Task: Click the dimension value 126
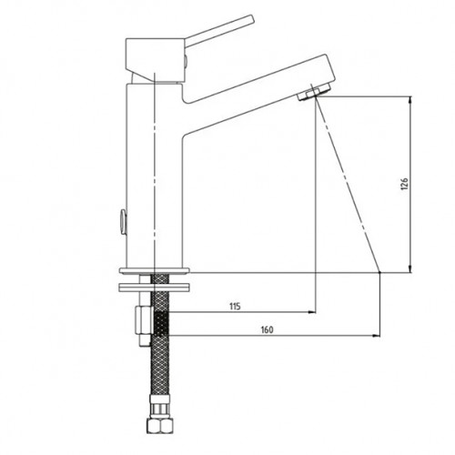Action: click(405, 185)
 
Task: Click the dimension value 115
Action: click(235, 307)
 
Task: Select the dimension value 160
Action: click(267, 329)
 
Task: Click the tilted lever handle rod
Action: click(219, 30)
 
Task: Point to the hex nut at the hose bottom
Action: click(159, 425)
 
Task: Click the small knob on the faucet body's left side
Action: click(123, 222)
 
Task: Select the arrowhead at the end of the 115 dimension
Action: click(312, 312)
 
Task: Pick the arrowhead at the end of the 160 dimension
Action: click(376, 336)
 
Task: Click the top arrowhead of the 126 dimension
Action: click(410, 100)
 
